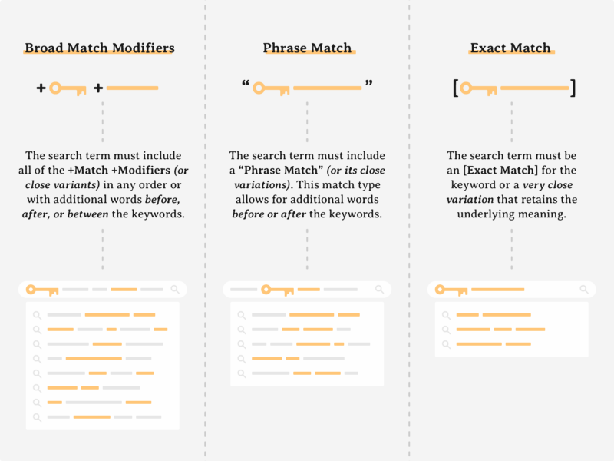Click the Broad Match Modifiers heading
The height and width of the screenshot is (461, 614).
click(100, 48)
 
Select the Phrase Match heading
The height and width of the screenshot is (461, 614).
click(308, 48)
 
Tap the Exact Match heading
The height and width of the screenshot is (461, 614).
click(510, 48)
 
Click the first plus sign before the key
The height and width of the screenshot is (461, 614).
click(41, 88)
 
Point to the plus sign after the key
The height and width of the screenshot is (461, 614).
click(98, 88)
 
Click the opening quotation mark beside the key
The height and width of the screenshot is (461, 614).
click(246, 83)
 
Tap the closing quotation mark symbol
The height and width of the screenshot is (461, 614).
click(369, 83)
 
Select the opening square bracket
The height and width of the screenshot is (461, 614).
click(455, 88)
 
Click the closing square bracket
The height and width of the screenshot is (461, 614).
click(573, 88)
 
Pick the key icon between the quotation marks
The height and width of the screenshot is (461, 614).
click(271, 88)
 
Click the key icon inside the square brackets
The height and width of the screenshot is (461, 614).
click(478, 88)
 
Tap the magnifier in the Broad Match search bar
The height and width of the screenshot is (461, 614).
click(175, 290)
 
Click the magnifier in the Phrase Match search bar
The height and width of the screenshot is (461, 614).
click(379, 290)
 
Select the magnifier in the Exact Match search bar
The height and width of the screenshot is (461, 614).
click(584, 290)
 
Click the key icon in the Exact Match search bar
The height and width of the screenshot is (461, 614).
click(451, 290)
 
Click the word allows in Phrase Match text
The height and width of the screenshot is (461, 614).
click(253, 199)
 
